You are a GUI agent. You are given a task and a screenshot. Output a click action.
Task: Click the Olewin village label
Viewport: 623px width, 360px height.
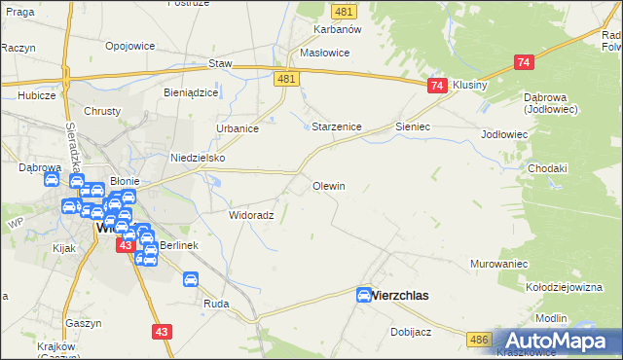pos(328,185)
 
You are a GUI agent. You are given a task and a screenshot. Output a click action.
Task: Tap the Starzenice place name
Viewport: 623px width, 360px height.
pos(337,127)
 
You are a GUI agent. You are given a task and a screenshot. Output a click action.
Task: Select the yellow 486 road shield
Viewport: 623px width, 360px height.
pos(477,338)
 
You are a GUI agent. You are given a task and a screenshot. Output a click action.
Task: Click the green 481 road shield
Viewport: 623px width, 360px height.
pos(342,11)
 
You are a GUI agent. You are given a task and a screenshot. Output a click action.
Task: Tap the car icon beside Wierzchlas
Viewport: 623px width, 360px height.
pos(364,295)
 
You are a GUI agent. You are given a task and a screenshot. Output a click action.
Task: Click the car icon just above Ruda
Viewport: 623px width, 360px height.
pos(191,280)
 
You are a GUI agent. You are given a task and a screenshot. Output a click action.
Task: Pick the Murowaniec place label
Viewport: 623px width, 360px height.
pos(498,264)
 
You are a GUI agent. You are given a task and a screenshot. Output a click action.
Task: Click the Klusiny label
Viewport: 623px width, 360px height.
pos(469,85)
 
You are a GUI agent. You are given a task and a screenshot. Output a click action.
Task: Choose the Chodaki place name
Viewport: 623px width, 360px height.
pos(547,168)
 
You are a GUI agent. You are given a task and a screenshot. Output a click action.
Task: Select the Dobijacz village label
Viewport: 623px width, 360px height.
pos(411,332)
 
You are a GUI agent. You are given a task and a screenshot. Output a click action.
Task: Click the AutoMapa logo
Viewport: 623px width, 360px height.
pos(559,341)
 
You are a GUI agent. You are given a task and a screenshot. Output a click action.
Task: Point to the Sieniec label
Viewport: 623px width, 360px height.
pos(413,127)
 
